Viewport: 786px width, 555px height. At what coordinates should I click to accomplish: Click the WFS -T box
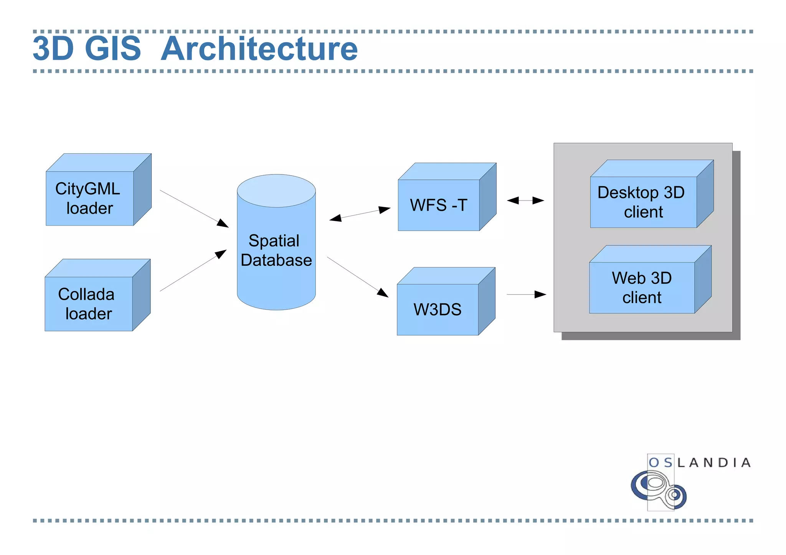pos(439,205)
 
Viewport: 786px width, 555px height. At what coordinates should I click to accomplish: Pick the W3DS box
pos(438,309)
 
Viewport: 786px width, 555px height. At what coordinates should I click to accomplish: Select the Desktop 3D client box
pos(644,202)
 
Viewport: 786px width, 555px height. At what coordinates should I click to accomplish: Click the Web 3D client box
pos(642,287)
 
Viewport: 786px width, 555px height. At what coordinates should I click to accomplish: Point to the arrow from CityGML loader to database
pos(194,208)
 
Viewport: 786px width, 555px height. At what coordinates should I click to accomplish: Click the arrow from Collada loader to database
pos(193,270)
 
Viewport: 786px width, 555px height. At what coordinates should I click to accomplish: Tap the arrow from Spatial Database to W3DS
pos(357,277)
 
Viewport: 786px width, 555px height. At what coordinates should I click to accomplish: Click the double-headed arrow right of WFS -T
pos(525,200)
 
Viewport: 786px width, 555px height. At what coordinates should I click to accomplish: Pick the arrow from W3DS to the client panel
pos(526,294)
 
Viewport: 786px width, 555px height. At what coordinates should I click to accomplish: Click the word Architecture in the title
pos(259,49)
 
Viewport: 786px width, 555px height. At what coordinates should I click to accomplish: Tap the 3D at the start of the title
pos(53,49)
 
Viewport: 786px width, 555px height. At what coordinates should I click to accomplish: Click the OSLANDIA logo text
pos(699,463)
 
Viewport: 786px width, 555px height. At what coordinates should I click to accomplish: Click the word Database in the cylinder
pos(276,260)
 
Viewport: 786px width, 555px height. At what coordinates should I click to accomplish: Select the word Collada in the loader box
pos(86,294)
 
